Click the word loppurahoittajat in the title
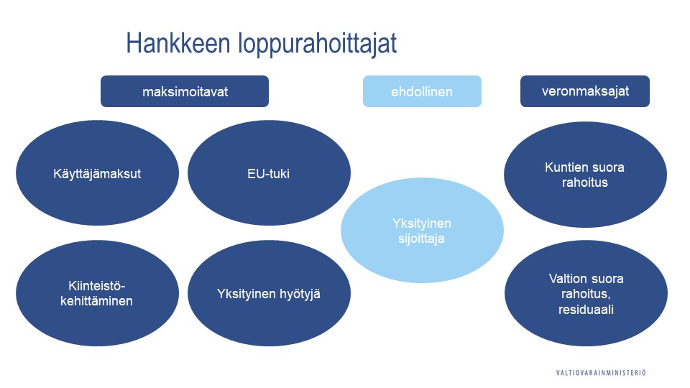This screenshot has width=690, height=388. (316, 45)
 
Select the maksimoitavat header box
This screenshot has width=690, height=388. (185, 91)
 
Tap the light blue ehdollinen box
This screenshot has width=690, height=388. (422, 92)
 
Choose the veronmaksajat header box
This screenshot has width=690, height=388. (584, 91)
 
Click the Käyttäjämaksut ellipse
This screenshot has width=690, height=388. (97, 173)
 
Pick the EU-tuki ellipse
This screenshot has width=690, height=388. (269, 173)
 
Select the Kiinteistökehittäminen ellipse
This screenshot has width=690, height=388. (97, 293)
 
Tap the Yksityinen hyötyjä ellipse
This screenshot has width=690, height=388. (269, 293)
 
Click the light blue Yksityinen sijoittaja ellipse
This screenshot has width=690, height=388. (422, 231)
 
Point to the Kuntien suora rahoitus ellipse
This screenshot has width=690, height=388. (585, 175)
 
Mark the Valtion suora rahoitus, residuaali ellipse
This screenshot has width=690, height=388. (585, 294)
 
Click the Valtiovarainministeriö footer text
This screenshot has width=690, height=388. (601, 372)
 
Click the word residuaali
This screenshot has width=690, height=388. (585, 310)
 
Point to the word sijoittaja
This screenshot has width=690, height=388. (422, 239)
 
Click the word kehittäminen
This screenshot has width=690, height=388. (97, 301)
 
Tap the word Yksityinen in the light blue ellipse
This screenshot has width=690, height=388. (422, 223)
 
